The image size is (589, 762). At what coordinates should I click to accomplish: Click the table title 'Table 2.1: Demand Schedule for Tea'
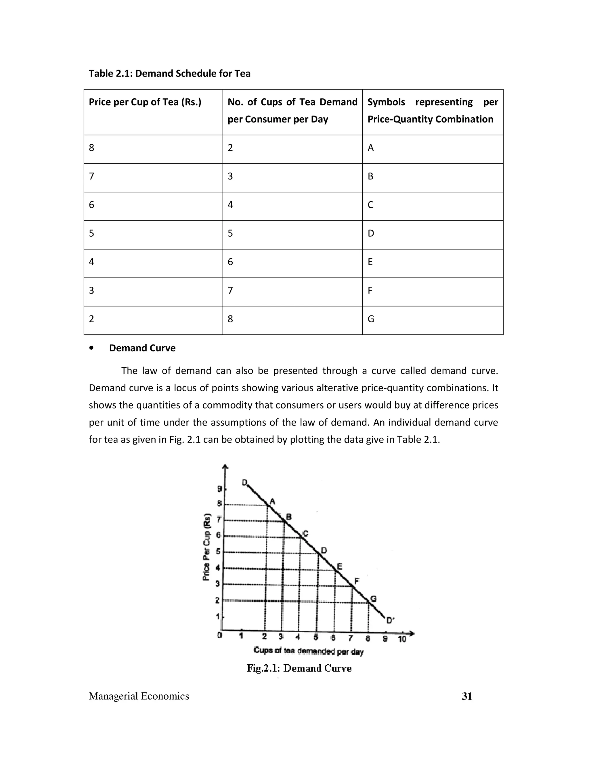pyautogui.click(x=170, y=74)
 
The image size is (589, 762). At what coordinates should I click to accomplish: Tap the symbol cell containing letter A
pyautogui.click(x=370, y=148)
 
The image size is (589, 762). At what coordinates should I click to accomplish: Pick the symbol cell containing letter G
pyautogui.click(x=371, y=319)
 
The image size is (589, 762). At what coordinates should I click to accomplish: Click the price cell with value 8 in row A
pyautogui.click(x=91, y=148)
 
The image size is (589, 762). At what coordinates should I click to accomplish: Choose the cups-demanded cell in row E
pyautogui.click(x=230, y=262)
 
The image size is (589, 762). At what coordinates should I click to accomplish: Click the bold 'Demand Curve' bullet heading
pyautogui.click(x=142, y=348)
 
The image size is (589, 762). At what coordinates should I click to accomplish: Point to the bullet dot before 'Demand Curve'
pyautogui.click(x=91, y=348)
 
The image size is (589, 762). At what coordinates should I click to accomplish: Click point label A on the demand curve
pyautogui.click(x=273, y=501)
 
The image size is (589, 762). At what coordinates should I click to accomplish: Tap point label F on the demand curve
pyautogui.click(x=357, y=581)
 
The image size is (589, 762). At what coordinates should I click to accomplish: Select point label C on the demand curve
pyautogui.click(x=305, y=533)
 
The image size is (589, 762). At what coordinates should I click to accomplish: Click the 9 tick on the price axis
pyautogui.click(x=219, y=489)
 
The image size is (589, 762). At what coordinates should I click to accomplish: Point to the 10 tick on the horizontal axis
pyautogui.click(x=402, y=639)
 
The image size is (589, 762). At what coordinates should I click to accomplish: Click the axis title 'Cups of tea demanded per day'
pyautogui.click(x=309, y=651)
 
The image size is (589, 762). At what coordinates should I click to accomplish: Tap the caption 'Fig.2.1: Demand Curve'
pyautogui.click(x=299, y=668)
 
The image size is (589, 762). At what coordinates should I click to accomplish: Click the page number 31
pyautogui.click(x=467, y=696)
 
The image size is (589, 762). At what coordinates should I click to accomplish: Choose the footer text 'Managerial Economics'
pyautogui.click(x=139, y=696)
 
